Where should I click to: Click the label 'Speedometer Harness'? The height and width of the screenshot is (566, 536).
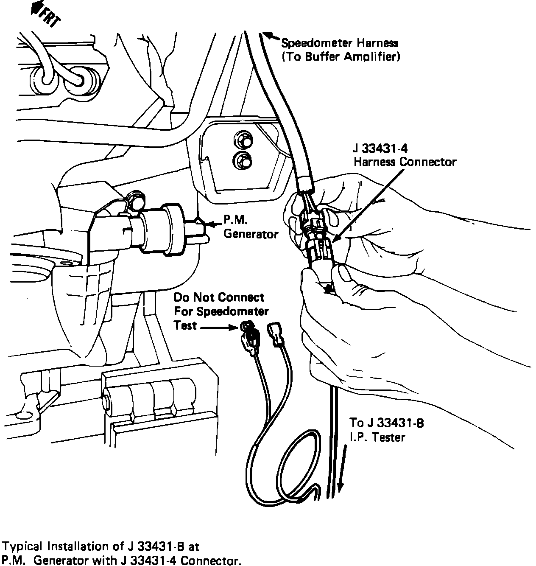coord(340,43)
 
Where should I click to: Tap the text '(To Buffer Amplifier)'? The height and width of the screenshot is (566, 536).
coord(341,56)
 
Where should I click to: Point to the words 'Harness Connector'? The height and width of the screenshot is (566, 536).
coord(405,162)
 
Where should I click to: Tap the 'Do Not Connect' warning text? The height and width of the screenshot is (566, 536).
coord(219,297)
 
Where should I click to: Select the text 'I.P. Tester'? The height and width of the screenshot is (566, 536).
coord(377,437)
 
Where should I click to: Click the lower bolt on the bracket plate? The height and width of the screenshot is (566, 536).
coord(242,160)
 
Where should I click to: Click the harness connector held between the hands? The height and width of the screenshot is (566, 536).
coord(319,246)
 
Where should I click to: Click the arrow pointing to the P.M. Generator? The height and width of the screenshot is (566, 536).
coord(212,222)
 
